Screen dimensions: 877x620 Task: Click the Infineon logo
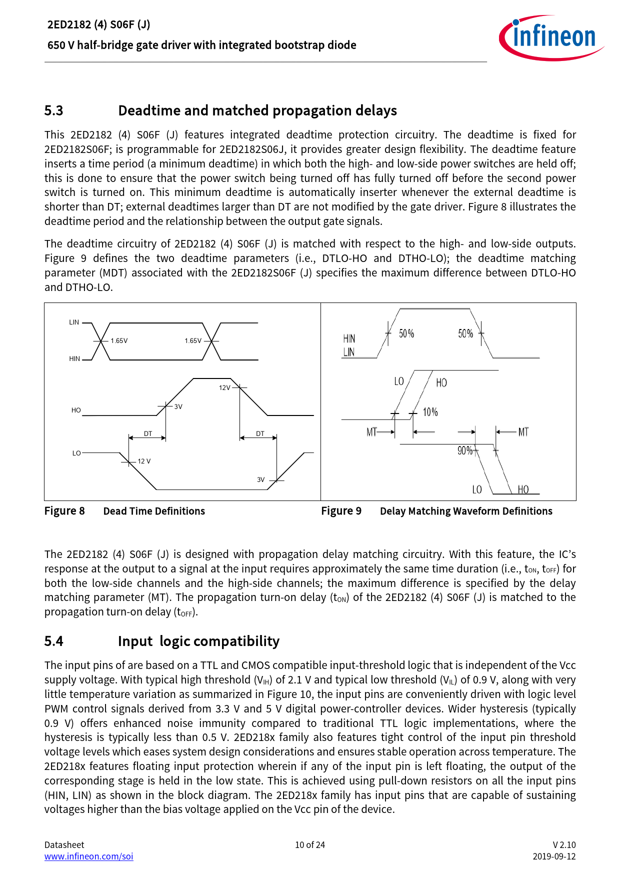[551, 38]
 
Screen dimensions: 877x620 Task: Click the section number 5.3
[54, 110]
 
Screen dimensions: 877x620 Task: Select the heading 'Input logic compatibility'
[198, 641]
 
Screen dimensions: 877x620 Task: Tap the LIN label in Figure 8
[74, 322]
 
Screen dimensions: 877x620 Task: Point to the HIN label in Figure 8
[74, 359]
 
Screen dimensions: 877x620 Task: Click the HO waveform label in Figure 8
[76, 410]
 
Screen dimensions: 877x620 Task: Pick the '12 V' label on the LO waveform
[144, 461]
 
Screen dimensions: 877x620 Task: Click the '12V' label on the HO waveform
[224, 388]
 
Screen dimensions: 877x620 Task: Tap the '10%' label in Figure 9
[430, 412]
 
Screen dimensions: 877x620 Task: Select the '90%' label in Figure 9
[464, 451]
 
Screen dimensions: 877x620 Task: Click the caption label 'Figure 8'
[64, 511]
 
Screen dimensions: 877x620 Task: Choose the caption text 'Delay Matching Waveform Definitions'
[466, 511]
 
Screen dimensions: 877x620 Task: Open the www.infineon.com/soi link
[89, 856]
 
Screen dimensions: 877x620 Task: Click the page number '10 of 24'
[310, 845]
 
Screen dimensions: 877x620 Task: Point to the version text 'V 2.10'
[564, 845]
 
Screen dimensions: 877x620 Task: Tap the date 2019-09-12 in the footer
[554, 856]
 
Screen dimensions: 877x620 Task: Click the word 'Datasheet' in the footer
[64, 845]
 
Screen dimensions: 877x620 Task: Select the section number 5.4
[54, 641]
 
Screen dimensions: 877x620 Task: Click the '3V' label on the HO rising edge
[178, 407]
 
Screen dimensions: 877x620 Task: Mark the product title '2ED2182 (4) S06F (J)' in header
[99, 24]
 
